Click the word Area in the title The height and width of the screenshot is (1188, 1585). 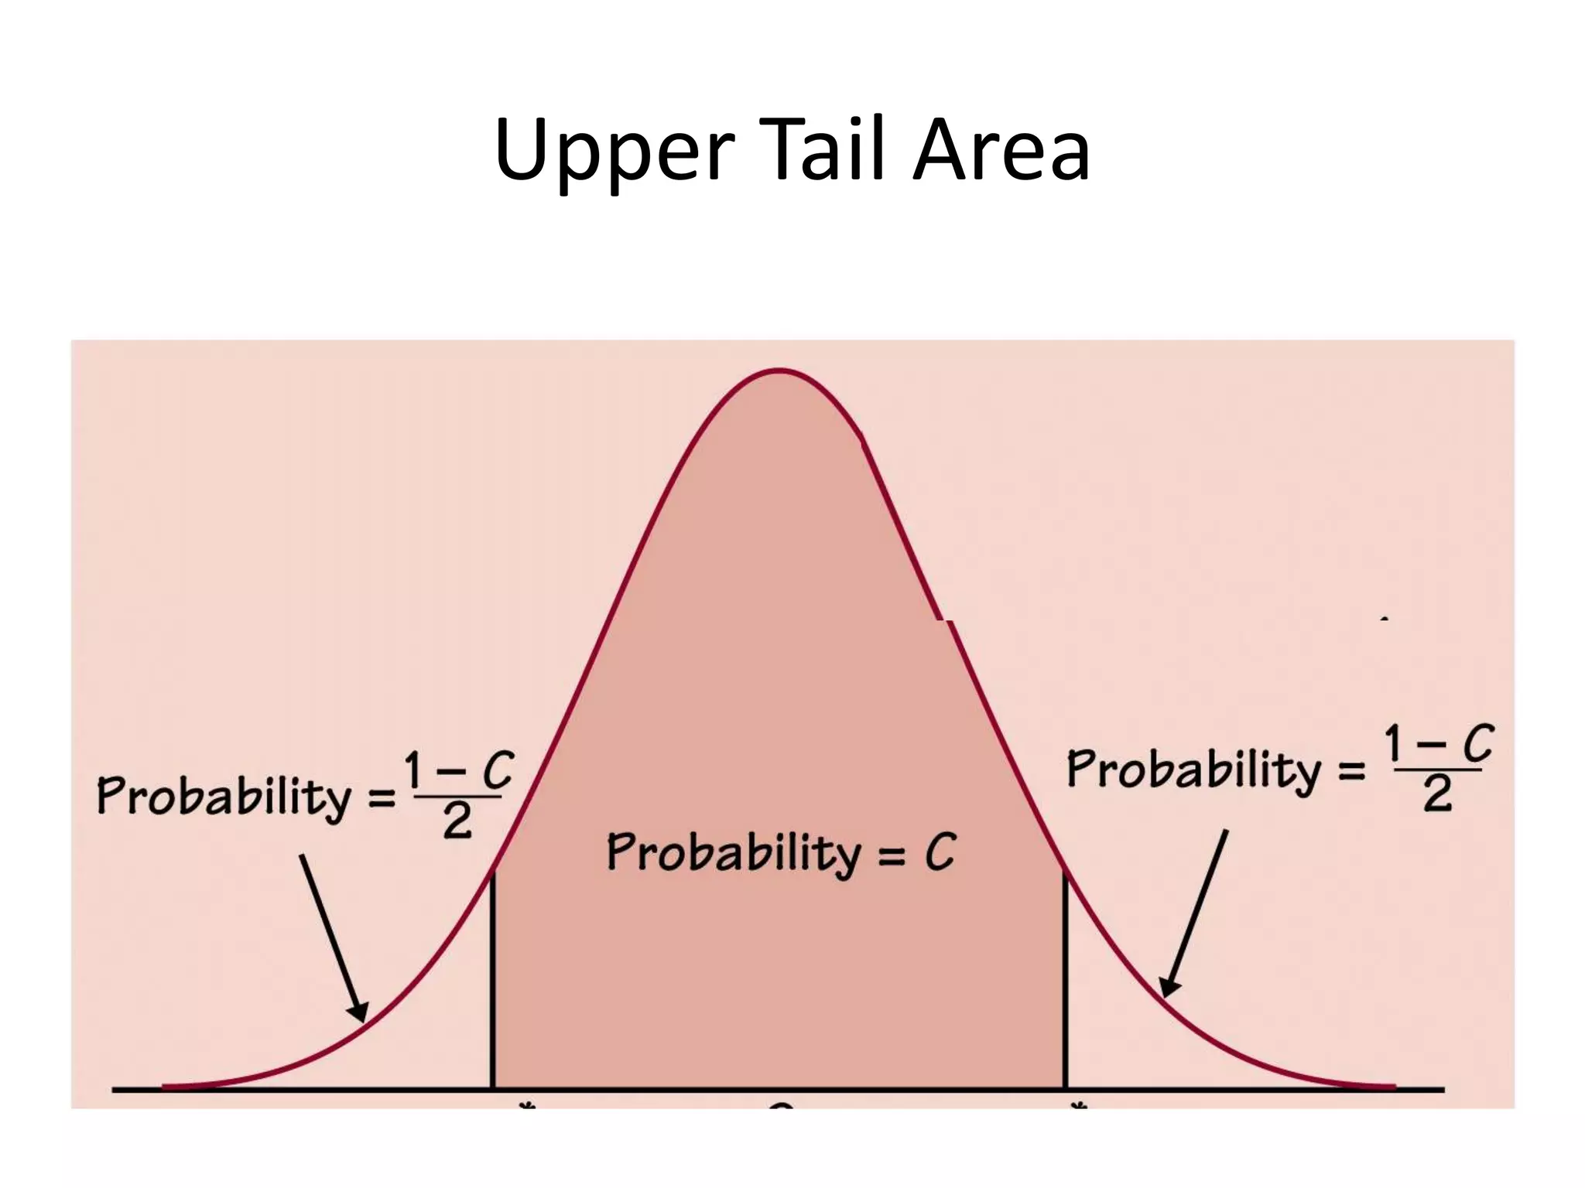(x=1001, y=151)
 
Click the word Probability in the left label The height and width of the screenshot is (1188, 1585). (x=224, y=797)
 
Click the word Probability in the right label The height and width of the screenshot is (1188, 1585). (x=1194, y=770)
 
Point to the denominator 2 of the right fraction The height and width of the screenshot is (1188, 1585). (x=1437, y=794)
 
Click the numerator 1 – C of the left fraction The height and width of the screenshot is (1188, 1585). (x=459, y=770)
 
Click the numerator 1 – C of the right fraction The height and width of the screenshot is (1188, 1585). (x=1439, y=743)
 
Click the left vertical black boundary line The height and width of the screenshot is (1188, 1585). (x=492, y=982)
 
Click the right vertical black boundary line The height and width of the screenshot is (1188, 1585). (x=1066, y=982)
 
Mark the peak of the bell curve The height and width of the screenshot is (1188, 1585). (x=779, y=371)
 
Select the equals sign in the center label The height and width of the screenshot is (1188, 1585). (x=892, y=855)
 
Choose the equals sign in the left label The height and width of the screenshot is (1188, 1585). (x=382, y=799)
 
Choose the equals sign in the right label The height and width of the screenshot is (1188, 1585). (x=1352, y=771)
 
